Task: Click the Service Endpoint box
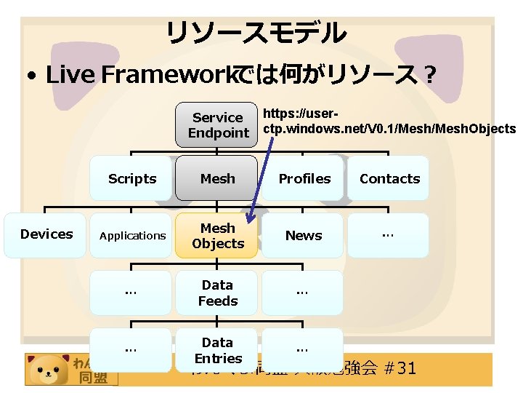tap(217, 125)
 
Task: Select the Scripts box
tap(131, 178)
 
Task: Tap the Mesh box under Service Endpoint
tap(217, 178)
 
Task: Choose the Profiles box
tap(304, 178)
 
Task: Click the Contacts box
tap(389, 178)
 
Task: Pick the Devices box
tap(46, 234)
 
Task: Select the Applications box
tap(131, 235)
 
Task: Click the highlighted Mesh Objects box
tap(217, 235)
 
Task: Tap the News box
tap(304, 235)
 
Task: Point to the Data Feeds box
tap(217, 293)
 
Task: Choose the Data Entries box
tap(217, 350)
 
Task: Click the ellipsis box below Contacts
tap(389, 235)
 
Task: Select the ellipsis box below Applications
tap(131, 293)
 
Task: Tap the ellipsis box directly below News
tap(304, 293)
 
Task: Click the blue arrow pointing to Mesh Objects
tap(262, 182)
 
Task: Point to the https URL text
tap(389, 122)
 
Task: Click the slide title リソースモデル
tap(256, 33)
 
